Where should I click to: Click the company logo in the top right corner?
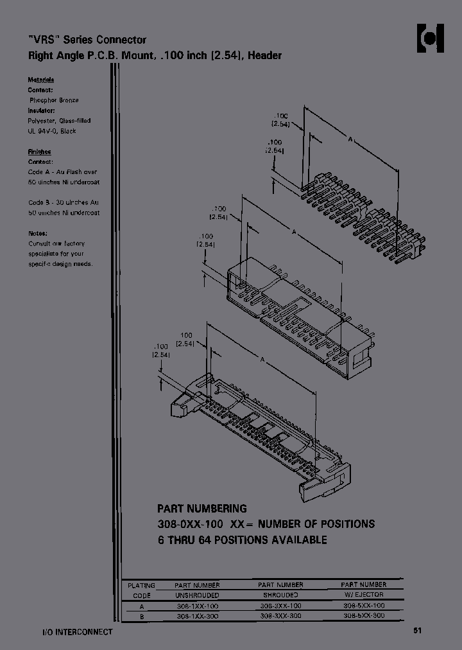pyautogui.click(x=431, y=39)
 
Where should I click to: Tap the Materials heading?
pyautogui.click(x=40, y=80)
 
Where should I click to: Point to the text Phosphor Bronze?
pyautogui.click(x=54, y=101)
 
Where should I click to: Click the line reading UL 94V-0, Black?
pyautogui.click(x=52, y=131)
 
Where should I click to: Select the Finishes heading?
pyautogui.click(x=40, y=152)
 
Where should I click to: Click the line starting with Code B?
pyautogui.click(x=64, y=202)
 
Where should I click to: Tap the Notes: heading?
pyautogui.click(x=38, y=233)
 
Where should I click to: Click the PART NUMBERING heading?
pyautogui.click(x=202, y=509)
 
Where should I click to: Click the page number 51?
pyautogui.click(x=418, y=631)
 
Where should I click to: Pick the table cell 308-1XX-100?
pyautogui.click(x=197, y=606)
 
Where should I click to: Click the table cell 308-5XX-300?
pyautogui.click(x=364, y=615)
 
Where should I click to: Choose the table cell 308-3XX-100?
pyautogui.click(x=280, y=606)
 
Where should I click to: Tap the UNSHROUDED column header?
pyautogui.click(x=197, y=595)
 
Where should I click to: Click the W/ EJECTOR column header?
pyautogui.click(x=364, y=595)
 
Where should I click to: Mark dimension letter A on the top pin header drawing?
pyautogui.click(x=350, y=139)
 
